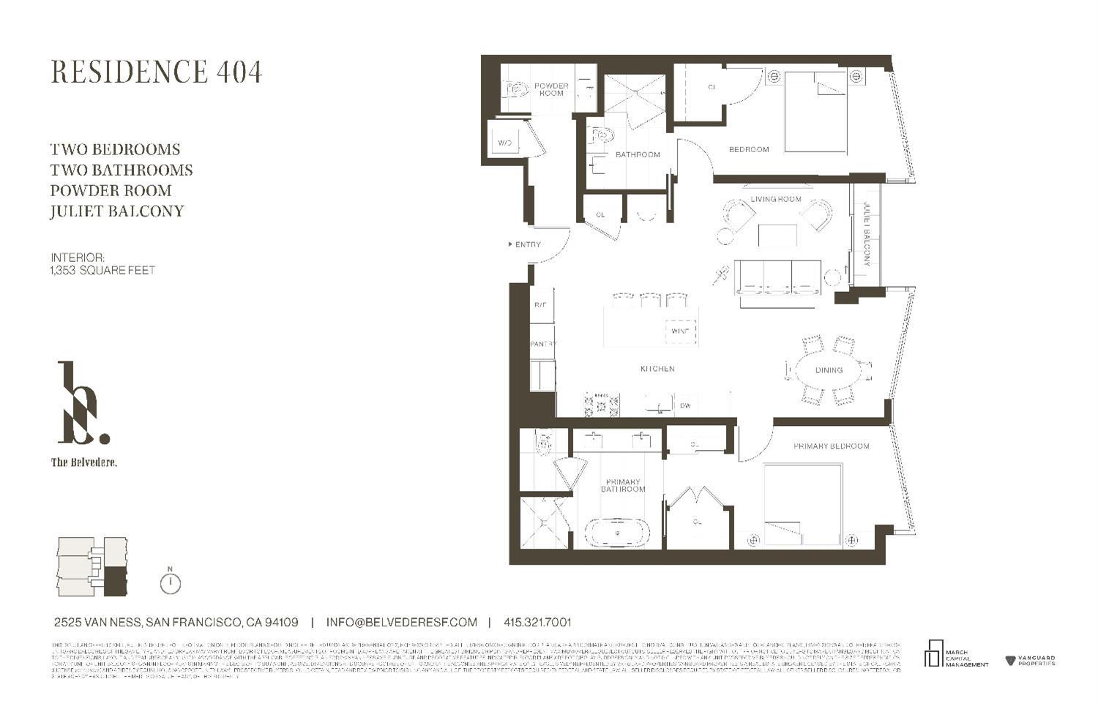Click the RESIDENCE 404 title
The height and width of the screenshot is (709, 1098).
[x=156, y=72]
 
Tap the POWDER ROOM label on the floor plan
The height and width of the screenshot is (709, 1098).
[x=551, y=89]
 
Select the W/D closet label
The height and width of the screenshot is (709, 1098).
[x=505, y=143]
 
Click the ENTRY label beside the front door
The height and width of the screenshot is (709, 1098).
[x=527, y=244]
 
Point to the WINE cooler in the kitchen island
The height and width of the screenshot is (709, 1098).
[x=680, y=331]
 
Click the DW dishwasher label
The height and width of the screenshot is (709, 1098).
[x=685, y=405]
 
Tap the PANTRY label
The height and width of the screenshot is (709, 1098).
[x=543, y=344]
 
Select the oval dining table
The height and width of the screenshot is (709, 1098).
[x=829, y=370]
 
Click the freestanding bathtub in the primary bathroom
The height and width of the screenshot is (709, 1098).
[x=617, y=533]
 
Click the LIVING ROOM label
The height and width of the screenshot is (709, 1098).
[x=776, y=199]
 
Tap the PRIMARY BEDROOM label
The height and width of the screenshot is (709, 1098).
[x=831, y=446]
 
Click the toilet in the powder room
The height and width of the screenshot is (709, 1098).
[x=516, y=89]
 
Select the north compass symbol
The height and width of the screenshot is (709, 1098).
[x=170, y=582]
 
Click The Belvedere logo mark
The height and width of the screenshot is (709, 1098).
[x=83, y=404]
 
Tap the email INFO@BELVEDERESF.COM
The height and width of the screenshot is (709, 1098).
[x=401, y=623]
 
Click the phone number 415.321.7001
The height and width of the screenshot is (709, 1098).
[x=537, y=623]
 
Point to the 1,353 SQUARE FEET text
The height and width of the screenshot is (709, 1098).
[x=102, y=270]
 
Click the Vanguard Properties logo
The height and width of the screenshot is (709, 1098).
[x=1031, y=661]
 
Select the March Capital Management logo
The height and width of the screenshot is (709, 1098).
[x=955, y=655]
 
